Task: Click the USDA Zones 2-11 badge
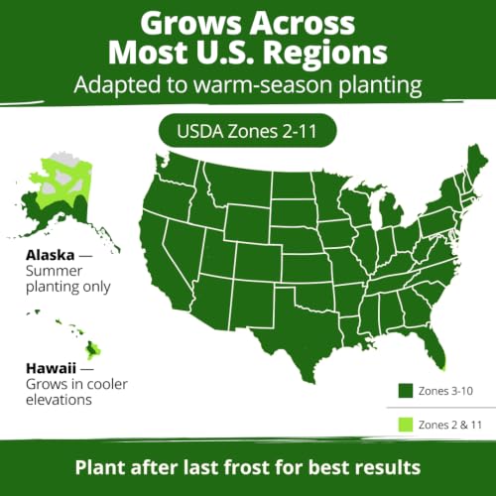click(248, 131)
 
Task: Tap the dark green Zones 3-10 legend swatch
click(406, 391)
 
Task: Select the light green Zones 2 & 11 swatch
click(406, 425)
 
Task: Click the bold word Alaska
click(51, 255)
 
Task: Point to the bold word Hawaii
click(51, 368)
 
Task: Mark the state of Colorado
click(259, 262)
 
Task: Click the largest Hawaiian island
click(93, 350)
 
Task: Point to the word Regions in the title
click(325, 53)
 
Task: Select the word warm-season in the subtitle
click(263, 84)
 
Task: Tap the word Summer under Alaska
click(54, 271)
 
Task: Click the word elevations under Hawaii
click(59, 400)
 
